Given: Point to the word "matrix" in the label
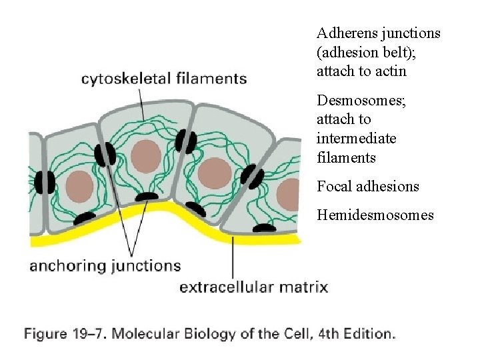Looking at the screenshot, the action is click(304, 287).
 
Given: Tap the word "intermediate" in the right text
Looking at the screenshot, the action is click(357, 139).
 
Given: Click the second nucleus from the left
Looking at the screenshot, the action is click(146, 156).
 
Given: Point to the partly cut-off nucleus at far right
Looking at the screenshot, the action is click(289, 194).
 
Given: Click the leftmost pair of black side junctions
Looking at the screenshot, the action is click(45, 182).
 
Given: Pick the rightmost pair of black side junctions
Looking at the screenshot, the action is click(252, 175).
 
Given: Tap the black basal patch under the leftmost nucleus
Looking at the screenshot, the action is click(85, 217).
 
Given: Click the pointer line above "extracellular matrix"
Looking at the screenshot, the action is click(233, 256).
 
